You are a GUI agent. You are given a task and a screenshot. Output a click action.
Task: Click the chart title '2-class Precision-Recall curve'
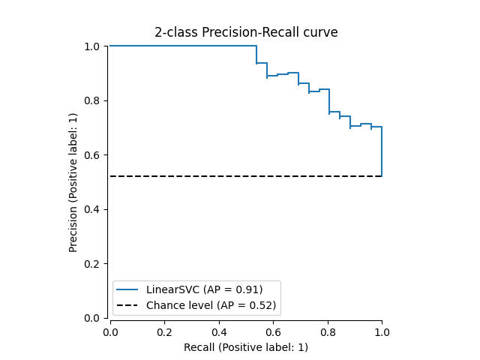(x=246, y=32)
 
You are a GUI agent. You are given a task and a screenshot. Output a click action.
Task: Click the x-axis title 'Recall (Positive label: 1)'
(x=246, y=347)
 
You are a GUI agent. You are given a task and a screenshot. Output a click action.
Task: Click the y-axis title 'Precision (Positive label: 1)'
(x=73, y=182)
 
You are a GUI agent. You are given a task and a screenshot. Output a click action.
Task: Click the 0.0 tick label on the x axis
(x=110, y=331)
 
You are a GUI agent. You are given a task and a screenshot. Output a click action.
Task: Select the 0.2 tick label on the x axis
(x=164, y=331)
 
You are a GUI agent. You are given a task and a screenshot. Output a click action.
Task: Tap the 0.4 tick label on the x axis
(x=219, y=331)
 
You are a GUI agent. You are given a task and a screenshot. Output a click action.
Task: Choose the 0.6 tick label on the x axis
(x=273, y=331)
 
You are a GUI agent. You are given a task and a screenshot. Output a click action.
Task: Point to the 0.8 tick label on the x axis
(x=328, y=331)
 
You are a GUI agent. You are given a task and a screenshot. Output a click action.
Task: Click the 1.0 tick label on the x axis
(x=382, y=331)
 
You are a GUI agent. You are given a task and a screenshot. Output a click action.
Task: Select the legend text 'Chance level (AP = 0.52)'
(x=211, y=305)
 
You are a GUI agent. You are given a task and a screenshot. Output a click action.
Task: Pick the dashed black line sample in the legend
(x=128, y=305)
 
